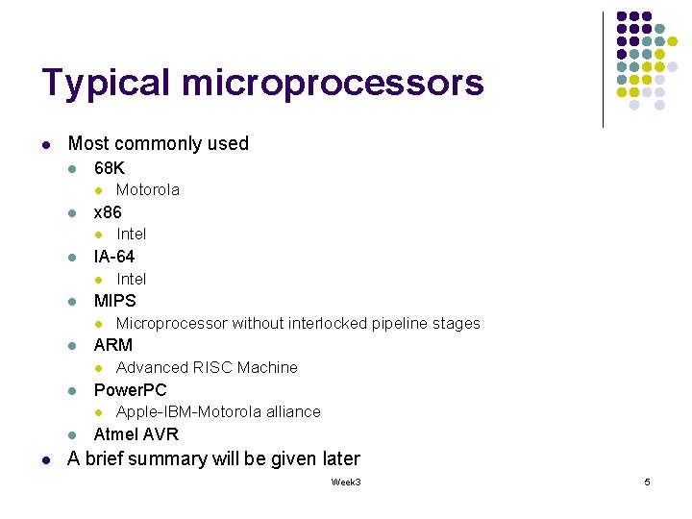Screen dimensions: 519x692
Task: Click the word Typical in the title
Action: click(106, 85)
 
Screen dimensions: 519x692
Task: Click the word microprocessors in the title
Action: click(332, 85)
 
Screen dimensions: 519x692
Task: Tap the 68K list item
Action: click(110, 168)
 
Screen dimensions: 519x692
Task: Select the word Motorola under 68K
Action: click(148, 190)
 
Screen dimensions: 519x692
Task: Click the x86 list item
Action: click(108, 212)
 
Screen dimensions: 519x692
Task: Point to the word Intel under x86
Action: click(132, 235)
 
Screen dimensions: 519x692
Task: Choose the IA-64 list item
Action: click(114, 257)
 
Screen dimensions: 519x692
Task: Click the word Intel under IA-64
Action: click(132, 279)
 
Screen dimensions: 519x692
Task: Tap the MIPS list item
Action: click(115, 301)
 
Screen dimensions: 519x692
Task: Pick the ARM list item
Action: click(113, 345)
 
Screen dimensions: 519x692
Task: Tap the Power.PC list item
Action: click(131, 390)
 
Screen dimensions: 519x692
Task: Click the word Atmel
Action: click(114, 434)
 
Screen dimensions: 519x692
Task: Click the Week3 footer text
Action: click(346, 482)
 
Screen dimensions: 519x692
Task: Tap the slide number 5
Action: click(647, 482)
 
